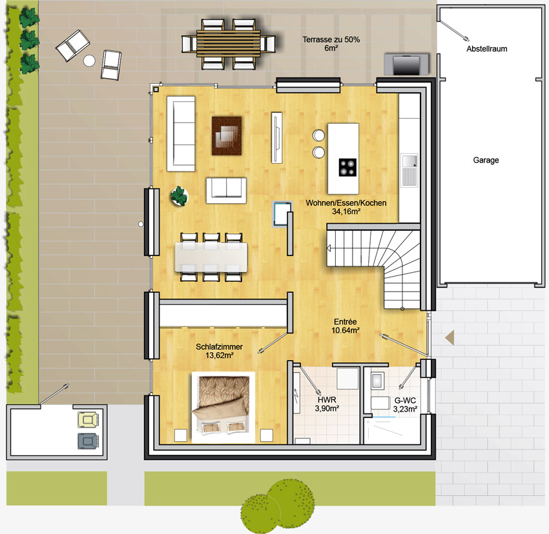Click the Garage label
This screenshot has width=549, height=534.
tap(486, 160)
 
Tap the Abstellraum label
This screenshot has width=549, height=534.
tap(487, 49)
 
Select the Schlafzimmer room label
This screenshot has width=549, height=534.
tap(219, 347)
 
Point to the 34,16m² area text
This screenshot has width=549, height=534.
tap(346, 212)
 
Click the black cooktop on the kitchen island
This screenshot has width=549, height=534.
tap(347, 167)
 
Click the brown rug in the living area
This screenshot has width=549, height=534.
tap(227, 135)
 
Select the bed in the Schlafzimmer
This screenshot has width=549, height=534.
tap(223, 408)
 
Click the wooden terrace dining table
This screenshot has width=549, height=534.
tap(228, 44)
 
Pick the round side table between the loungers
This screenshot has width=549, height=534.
tap(89, 61)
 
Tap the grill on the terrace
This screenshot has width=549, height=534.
tap(406, 64)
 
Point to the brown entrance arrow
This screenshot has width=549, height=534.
tap(450, 337)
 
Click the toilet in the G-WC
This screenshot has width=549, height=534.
tap(380, 403)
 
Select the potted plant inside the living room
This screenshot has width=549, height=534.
tap(180, 196)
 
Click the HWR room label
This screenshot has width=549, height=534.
tap(327, 400)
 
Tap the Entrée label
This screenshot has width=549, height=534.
tap(346, 322)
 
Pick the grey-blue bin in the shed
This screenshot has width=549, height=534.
tap(88, 441)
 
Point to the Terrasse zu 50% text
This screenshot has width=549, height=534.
tap(331, 39)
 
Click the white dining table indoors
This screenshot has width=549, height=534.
tap(211, 257)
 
